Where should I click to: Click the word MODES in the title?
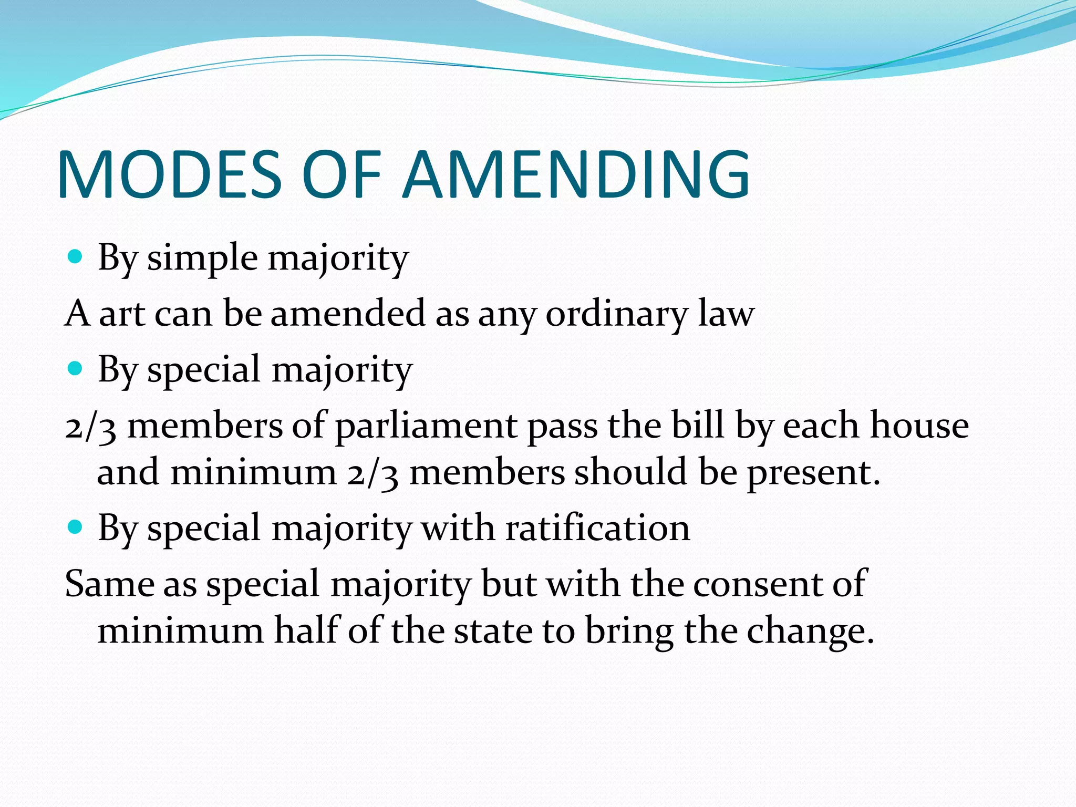(170, 174)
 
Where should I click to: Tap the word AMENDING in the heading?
(576, 174)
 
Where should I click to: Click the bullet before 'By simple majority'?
(76, 257)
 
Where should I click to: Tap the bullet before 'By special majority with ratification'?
(76, 526)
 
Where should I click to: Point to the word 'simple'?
(202, 259)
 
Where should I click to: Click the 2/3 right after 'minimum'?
(373, 472)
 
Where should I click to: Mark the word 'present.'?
(813, 473)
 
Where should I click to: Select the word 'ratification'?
(597, 527)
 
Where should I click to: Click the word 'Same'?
(109, 584)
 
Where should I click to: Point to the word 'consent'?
(758, 584)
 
